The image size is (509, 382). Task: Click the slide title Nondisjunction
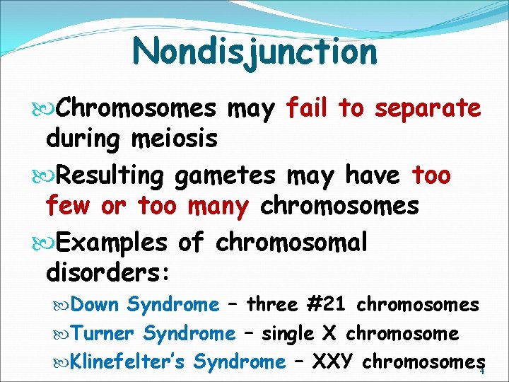[x=255, y=52]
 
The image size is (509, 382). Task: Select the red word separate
[x=428, y=110]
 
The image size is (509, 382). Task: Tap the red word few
[x=68, y=206]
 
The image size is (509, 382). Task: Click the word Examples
[x=111, y=243]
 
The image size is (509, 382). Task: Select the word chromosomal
[x=291, y=243]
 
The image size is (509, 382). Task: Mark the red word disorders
[x=106, y=272]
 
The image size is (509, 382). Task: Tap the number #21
[x=326, y=305]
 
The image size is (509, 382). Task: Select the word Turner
[x=104, y=333]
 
